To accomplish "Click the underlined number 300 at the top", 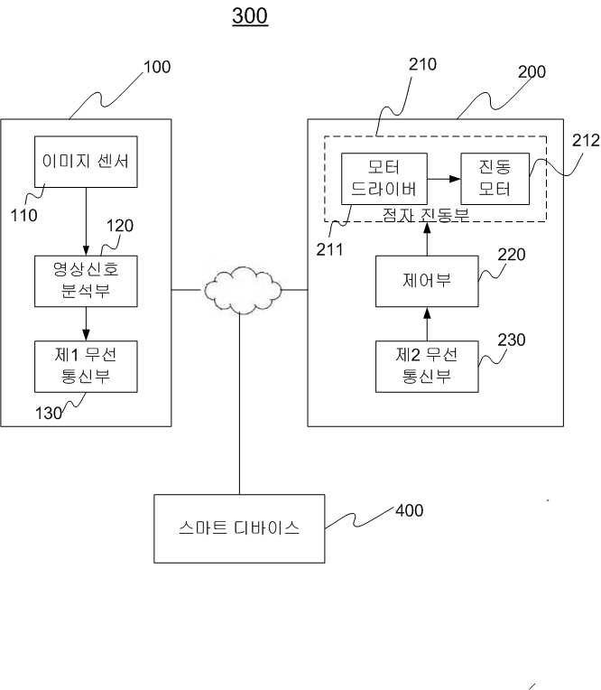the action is (x=250, y=16).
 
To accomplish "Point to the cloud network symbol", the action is (x=242, y=290).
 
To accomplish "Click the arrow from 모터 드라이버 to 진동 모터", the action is (x=444, y=179).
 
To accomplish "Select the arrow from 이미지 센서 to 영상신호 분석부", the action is (x=86, y=222).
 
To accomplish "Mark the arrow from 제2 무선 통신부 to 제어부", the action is (x=427, y=324).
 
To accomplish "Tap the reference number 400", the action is (x=410, y=510).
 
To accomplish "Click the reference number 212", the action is (x=586, y=140).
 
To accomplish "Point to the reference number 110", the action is (x=23, y=215).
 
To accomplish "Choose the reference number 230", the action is (x=512, y=340).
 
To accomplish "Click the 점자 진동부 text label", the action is (x=426, y=215).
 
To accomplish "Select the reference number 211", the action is (x=329, y=249).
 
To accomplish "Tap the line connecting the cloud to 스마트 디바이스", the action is (x=240, y=404).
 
